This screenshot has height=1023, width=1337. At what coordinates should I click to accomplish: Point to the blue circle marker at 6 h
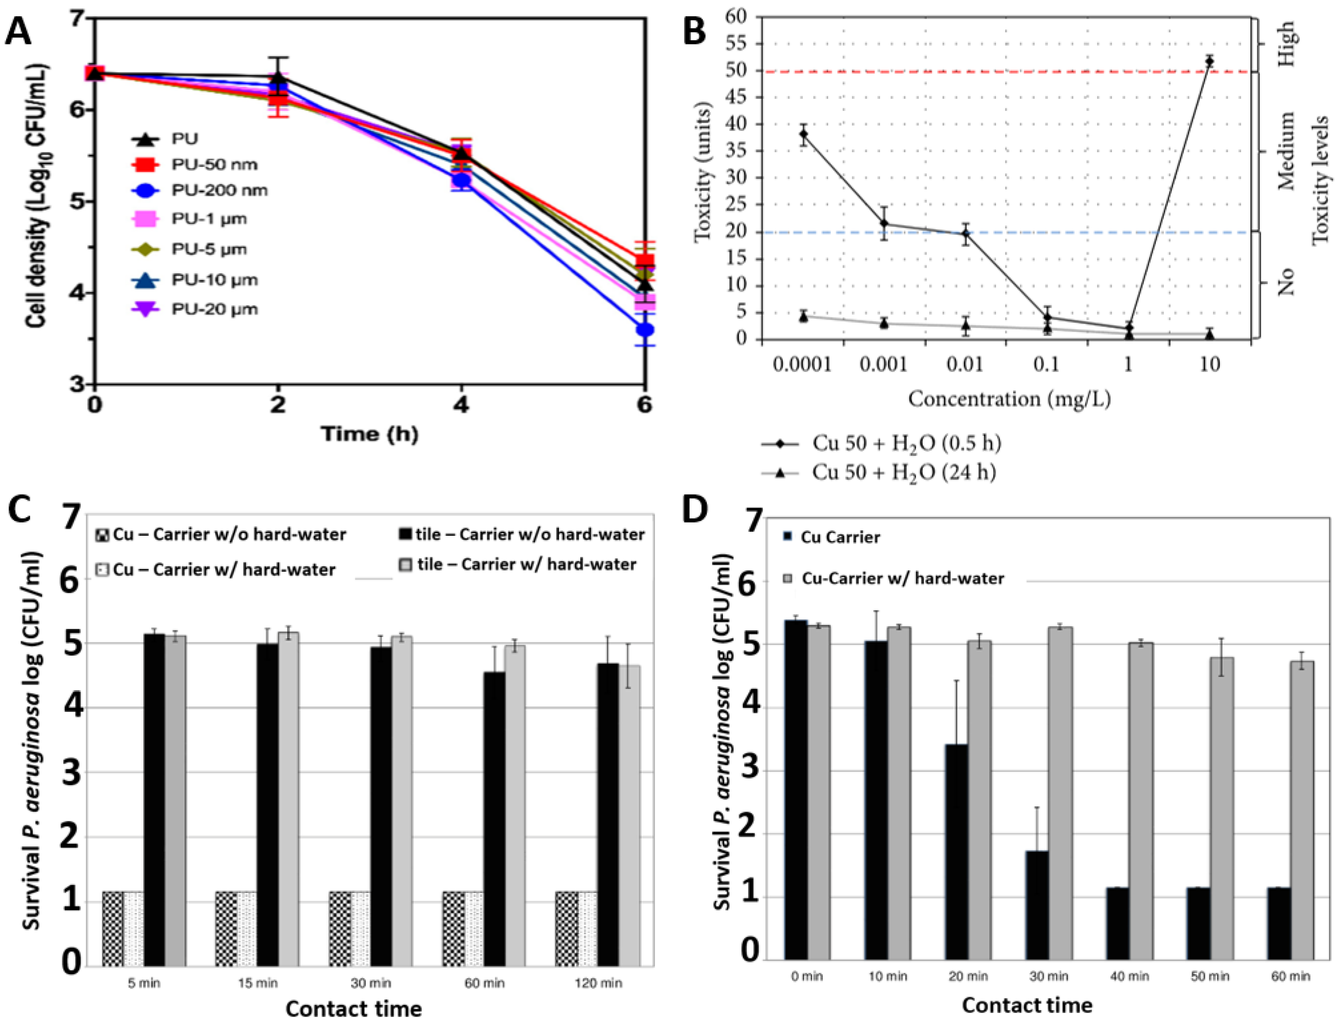pyautogui.click(x=645, y=329)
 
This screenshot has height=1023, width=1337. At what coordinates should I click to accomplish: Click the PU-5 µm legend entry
pyautogui.click(x=189, y=249)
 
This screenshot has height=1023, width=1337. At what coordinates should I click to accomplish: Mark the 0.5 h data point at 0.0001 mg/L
pyautogui.click(x=804, y=134)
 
